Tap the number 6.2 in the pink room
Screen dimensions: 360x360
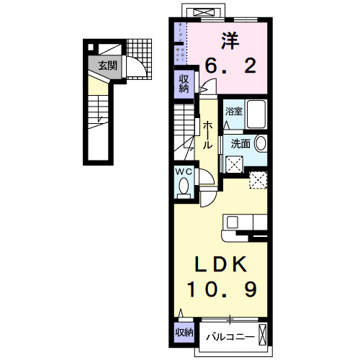point(229,67)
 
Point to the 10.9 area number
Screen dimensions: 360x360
point(221,289)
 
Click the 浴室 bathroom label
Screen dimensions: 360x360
point(233,112)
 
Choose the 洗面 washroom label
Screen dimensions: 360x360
point(240,143)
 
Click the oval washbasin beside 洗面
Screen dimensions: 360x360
point(260,143)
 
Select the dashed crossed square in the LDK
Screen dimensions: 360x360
point(258,180)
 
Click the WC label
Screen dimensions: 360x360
point(182,172)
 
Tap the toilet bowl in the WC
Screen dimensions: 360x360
point(183,188)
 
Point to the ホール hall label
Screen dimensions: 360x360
point(207,135)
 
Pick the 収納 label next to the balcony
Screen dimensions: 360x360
point(184,332)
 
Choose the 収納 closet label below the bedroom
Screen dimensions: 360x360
point(183,84)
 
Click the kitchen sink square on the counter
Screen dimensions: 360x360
point(238,222)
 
